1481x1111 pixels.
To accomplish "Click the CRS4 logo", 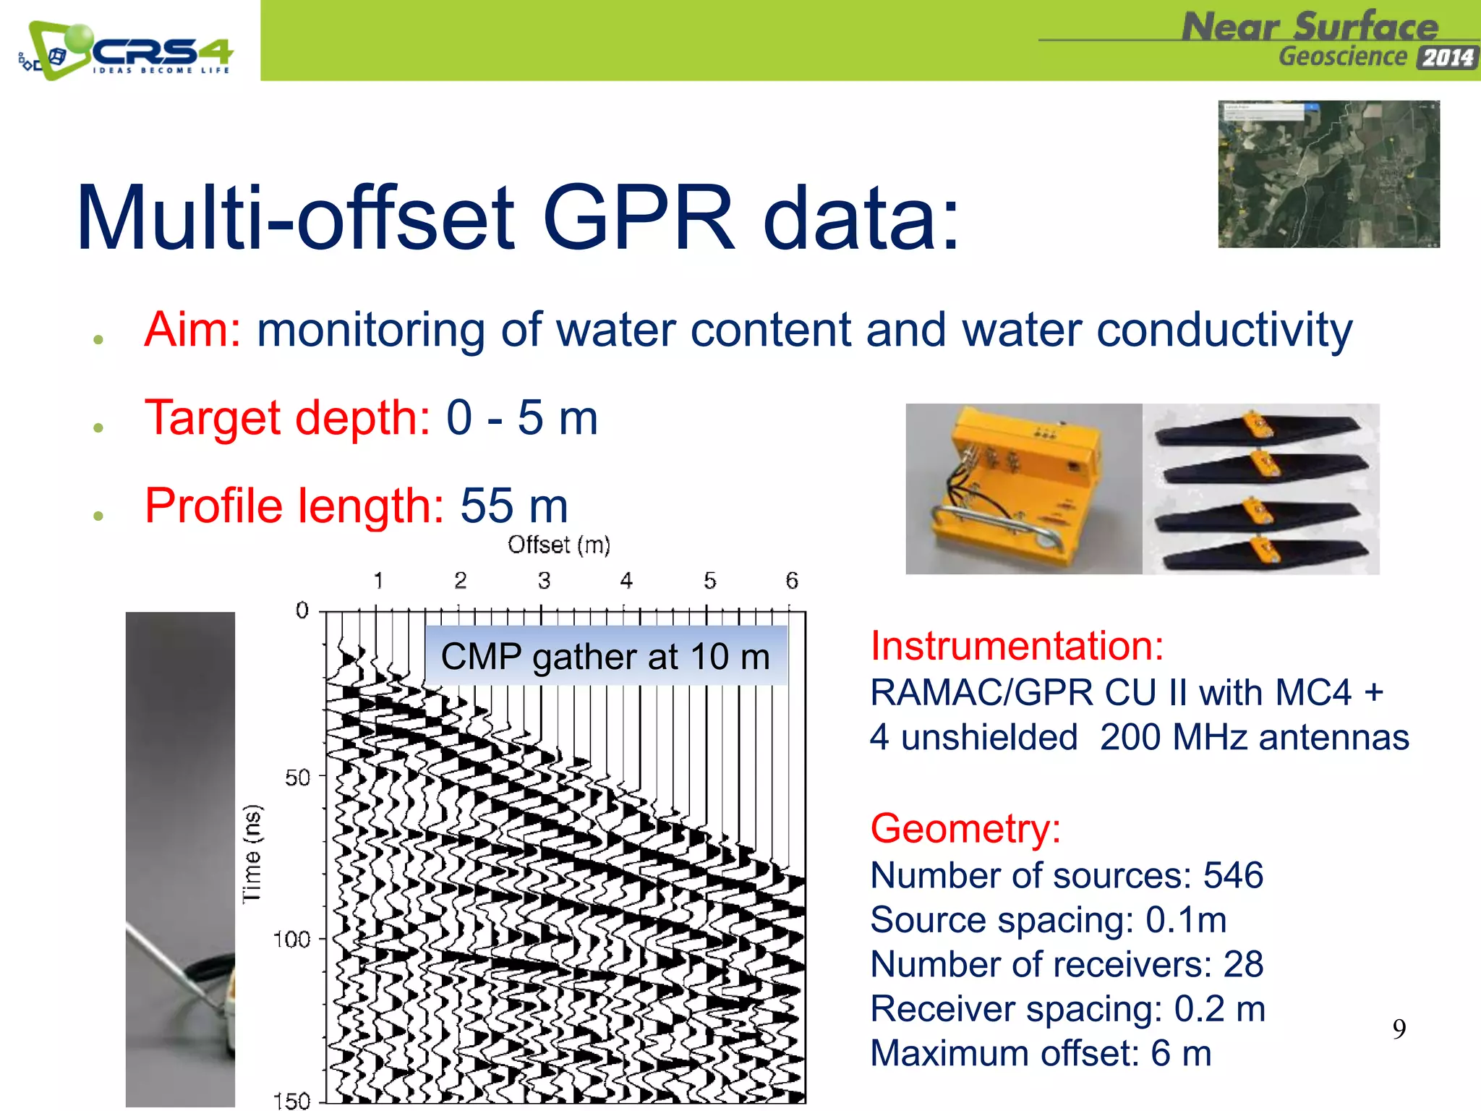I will pyautogui.click(x=127, y=51).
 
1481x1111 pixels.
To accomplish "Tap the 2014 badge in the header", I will pyautogui.click(x=1447, y=57).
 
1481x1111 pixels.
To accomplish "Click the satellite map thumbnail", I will pyautogui.click(x=1328, y=174).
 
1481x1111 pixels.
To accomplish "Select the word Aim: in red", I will pyautogui.click(x=192, y=330).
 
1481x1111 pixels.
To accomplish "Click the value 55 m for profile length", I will pyautogui.click(x=514, y=506).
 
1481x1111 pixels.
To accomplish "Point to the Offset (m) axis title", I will pyautogui.click(x=559, y=545).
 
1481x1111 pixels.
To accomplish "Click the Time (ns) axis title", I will pyautogui.click(x=252, y=854).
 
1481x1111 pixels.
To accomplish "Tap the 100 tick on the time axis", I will pyautogui.click(x=291, y=940).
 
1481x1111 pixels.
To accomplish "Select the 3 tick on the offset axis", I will pyautogui.click(x=544, y=581).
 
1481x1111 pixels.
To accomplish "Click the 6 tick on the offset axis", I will pyautogui.click(x=792, y=581).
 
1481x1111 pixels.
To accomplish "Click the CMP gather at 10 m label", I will pyautogui.click(x=605, y=657).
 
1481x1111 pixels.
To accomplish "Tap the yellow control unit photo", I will pyautogui.click(x=1023, y=489).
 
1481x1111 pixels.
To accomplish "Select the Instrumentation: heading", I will pyautogui.click(x=1017, y=645).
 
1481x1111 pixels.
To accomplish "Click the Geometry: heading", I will pyautogui.click(x=965, y=828).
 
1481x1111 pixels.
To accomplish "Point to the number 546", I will pyautogui.click(x=1233, y=875).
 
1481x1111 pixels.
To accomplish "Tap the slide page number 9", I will pyautogui.click(x=1399, y=1029).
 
